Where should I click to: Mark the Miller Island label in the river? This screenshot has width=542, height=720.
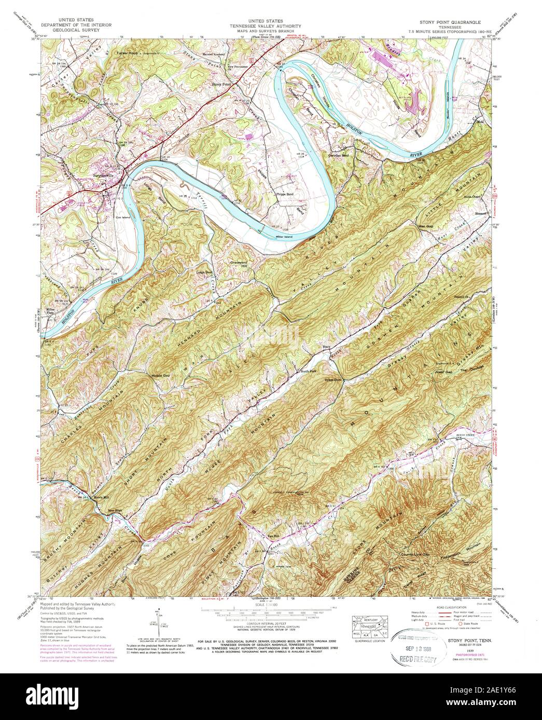tap(285, 236)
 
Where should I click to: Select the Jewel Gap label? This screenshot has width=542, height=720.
tap(443, 372)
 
